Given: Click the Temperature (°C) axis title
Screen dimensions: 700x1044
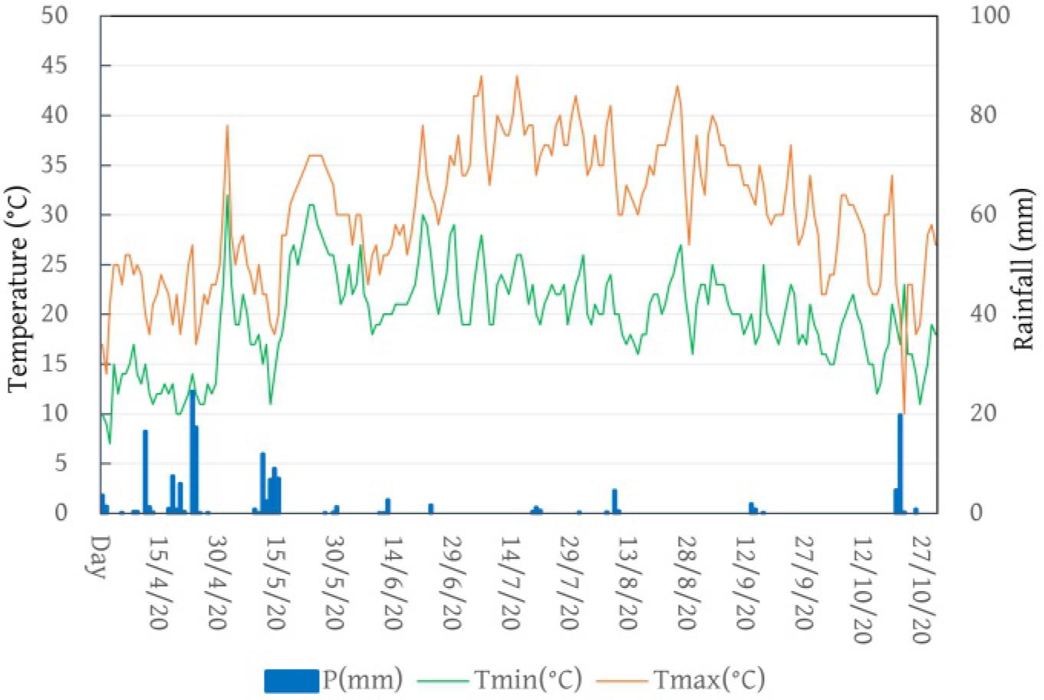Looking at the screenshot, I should coord(18,287).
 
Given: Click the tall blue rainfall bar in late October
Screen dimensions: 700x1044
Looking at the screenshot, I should coord(900,463).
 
